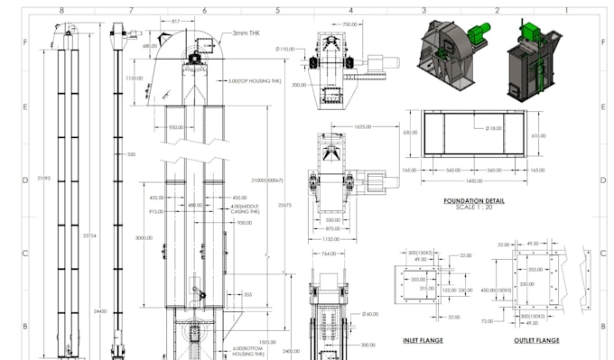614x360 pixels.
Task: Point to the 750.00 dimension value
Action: coord(350,25)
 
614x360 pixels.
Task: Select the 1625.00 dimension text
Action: coord(364,127)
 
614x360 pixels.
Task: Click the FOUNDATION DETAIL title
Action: coord(473,201)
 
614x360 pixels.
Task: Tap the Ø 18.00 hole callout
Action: coord(493,128)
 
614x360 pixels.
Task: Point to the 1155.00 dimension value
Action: coord(332,238)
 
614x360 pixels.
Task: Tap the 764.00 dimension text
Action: coord(329,254)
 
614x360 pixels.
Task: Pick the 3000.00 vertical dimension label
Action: coord(144,238)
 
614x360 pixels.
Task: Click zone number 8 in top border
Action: coord(60,10)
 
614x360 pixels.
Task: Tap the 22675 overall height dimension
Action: coord(284,205)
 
